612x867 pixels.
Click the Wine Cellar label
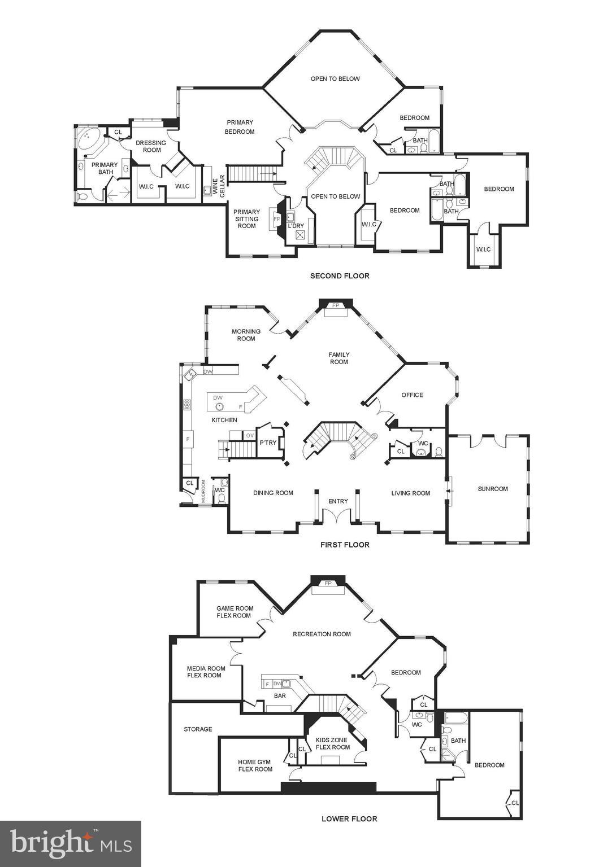[x=218, y=187]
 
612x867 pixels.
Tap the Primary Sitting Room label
[x=247, y=219]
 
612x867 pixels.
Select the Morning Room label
[x=246, y=335]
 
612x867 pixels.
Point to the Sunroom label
[x=493, y=489]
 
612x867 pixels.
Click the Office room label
[x=412, y=395]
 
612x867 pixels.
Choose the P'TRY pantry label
[x=268, y=443]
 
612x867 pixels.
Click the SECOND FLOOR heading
[x=340, y=276]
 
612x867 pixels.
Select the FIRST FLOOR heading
[x=345, y=545]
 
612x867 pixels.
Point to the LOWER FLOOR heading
[x=349, y=818]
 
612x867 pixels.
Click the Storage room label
[x=198, y=729]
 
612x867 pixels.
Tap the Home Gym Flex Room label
[x=255, y=765]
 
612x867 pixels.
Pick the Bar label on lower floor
[x=280, y=696]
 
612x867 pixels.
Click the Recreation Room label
[x=322, y=634]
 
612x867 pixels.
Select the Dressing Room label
[x=151, y=146]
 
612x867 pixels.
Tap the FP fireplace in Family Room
[x=336, y=305]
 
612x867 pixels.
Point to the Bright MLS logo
[x=71, y=844]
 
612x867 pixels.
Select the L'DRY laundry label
[x=296, y=226]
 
